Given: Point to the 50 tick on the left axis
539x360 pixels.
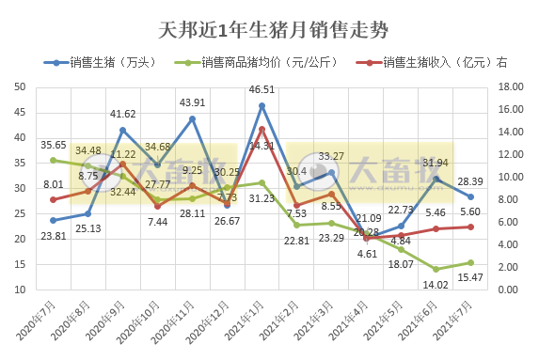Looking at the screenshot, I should click(x=20, y=87).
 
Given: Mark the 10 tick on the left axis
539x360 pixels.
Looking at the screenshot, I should click(x=20, y=290).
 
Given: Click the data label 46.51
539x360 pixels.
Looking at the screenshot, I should click(x=262, y=90).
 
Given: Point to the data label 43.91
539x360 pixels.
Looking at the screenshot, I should click(x=192, y=102).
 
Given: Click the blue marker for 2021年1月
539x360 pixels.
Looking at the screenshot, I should click(x=262, y=105).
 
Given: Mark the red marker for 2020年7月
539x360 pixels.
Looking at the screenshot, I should click(x=54, y=199).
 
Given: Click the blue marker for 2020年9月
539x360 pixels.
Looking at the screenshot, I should click(x=123, y=130).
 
